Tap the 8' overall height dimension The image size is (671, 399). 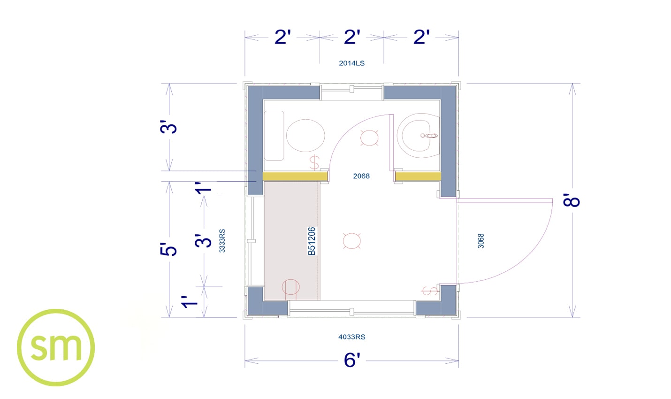[x=572, y=200]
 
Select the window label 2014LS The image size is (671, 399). [x=351, y=63]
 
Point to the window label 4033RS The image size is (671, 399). [x=351, y=337]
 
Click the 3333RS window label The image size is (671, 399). [x=222, y=241]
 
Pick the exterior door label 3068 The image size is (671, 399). [x=480, y=241]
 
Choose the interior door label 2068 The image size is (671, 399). [x=361, y=176]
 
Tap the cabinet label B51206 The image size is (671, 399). [x=312, y=241]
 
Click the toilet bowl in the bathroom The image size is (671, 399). [x=305, y=135]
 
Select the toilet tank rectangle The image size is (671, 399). [x=274, y=136]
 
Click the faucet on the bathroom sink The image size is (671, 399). [x=429, y=136]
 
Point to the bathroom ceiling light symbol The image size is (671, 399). [x=369, y=138]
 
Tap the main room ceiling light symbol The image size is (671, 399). [x=351, y=241]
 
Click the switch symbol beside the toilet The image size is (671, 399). [x=314, y=162]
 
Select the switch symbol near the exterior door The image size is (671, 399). [x=429, y=291]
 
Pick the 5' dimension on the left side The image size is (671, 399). [x=168, y=249]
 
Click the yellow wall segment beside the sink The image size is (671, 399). [x=418, y=176]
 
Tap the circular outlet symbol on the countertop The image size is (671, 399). [x=290, y=287]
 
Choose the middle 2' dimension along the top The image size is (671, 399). [x=352, y=37]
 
